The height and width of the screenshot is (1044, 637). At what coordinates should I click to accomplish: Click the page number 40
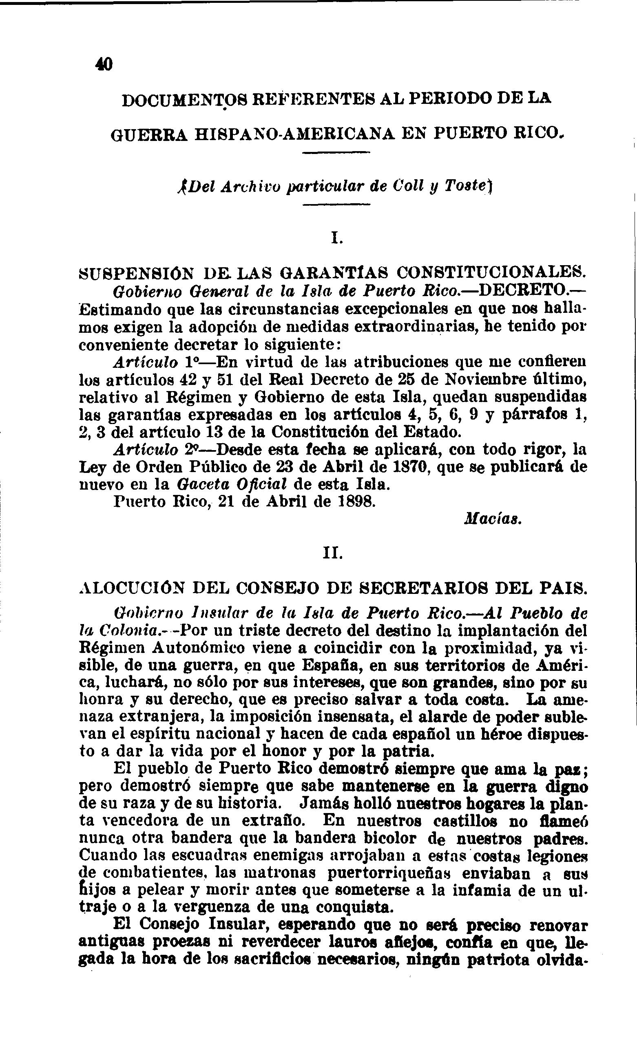click(x=104, y=64)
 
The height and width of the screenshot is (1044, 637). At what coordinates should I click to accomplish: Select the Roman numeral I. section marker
click(x=336, y=239)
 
